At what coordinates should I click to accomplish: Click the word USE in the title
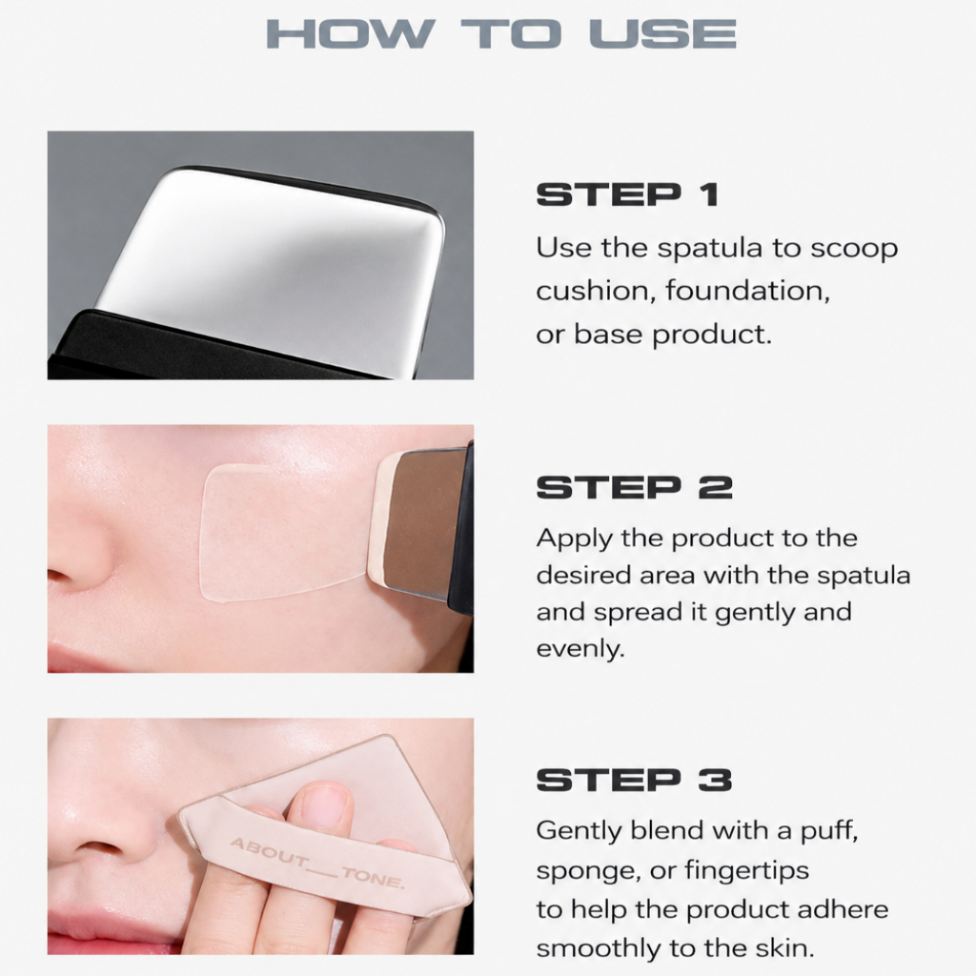(x=663, y=33)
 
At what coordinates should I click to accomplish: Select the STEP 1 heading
(x=628, y=194)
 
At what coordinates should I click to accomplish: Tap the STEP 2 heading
(x=634, y=487)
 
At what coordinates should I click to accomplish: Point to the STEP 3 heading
(x=634, y=780)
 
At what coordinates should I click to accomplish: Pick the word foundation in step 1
(x=747, y=290)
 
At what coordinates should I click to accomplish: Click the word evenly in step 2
(x=580, y=650)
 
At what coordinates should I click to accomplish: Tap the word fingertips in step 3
(x=747, y=871)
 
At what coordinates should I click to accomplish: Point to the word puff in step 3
(x=829, y=831)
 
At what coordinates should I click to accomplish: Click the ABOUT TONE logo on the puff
(x=317, y=864)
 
